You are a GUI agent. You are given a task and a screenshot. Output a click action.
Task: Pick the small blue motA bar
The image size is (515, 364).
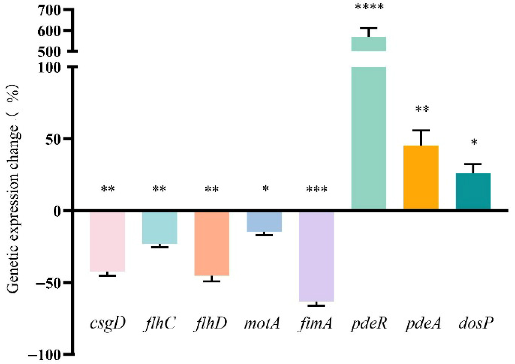click(x=264, y=222)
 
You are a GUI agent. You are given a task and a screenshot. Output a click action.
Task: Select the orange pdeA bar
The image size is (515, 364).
click(x=421, y=177)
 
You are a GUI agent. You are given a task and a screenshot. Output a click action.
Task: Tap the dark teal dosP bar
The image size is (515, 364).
click(x=473, y=191)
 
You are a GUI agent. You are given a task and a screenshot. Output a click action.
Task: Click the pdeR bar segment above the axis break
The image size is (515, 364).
click(x=369, y=44)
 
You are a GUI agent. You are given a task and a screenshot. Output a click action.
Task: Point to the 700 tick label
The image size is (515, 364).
click(x=49, y=11)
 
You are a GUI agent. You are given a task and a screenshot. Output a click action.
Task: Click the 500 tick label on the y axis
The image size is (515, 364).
click(x=49, y=52)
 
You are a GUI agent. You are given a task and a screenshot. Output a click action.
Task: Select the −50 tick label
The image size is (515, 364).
click(x=48, y=283)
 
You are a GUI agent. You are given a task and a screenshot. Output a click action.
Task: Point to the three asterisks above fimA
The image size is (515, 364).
click(x=317, y=189)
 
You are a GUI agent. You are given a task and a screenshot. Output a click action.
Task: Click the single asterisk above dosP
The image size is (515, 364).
click(x=474, y=143)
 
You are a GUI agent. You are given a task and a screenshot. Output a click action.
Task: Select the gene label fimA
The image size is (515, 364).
click(x=316, y=323)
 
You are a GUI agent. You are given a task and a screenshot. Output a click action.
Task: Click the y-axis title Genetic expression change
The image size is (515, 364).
click(x=13, y=190)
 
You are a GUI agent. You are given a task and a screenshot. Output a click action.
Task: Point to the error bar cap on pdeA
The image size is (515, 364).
click(x=421, y=130)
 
